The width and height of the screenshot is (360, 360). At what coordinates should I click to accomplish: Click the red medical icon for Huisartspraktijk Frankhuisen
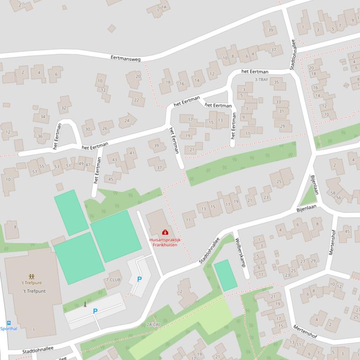point(165,232)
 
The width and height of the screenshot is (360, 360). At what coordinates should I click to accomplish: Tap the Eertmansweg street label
point(125,58)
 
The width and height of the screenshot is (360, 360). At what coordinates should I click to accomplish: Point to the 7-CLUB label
point(113,279)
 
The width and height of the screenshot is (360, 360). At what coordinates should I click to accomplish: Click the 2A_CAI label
point(154,324)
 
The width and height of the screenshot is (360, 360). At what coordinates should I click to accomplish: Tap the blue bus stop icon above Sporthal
point(8,322)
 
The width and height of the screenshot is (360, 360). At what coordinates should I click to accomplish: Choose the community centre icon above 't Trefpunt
point(31,277)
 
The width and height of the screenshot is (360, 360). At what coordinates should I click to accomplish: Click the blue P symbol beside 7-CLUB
point(139,279)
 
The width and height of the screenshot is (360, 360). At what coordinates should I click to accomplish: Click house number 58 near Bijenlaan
point(333,193)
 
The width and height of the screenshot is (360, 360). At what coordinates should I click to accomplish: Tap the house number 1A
point(163,7)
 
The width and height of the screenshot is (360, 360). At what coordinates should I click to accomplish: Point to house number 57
point(35,172)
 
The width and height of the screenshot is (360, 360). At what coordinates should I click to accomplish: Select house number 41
point(132,153)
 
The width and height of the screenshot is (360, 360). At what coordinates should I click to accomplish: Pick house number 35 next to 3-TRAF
point(277,83)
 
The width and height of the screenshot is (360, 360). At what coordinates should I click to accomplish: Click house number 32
point(64,108)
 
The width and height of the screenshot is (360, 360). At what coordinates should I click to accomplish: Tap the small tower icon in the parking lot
point(85,304)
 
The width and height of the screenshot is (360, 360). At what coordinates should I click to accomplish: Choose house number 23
point(266,197)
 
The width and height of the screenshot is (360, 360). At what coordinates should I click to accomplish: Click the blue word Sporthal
point(8,329)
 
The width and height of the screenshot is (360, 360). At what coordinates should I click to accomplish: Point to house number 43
point(115,160)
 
